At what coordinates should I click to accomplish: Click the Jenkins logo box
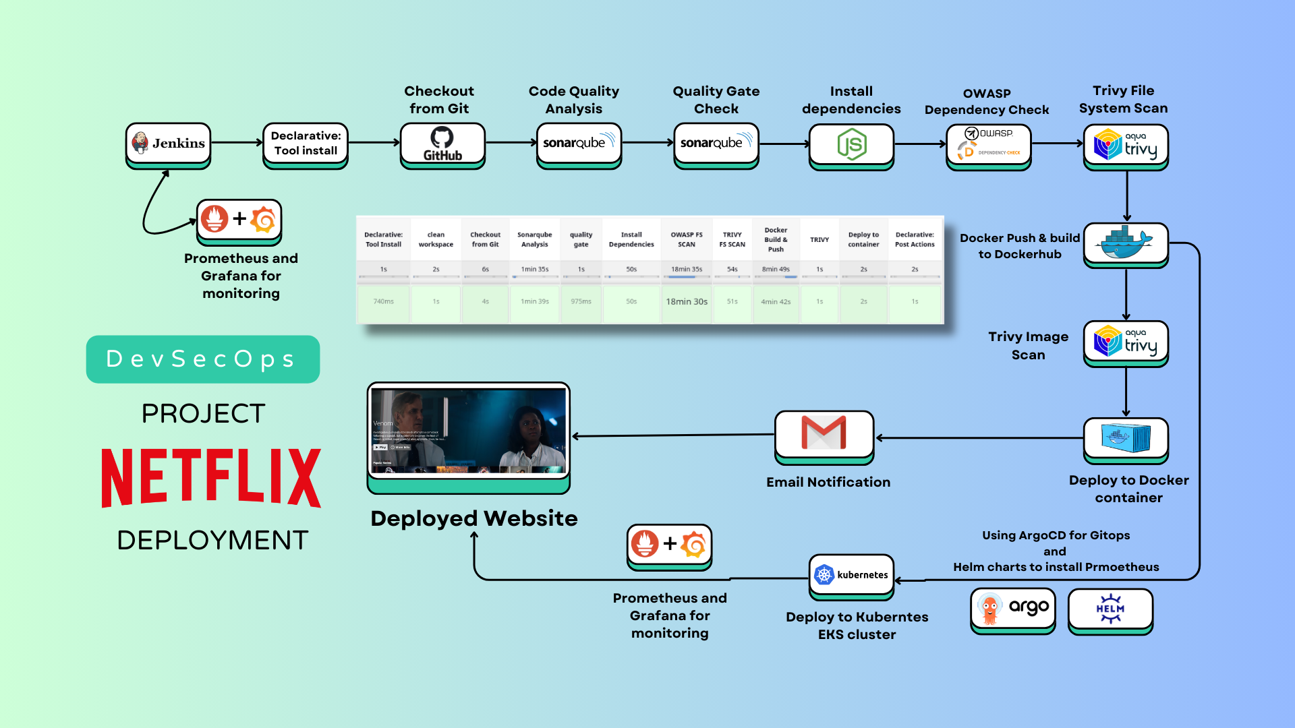pos(168,143)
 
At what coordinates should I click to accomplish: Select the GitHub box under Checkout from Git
pos(442,144)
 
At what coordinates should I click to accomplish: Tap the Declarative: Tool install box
pos(306,144)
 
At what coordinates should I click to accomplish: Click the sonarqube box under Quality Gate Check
pos(716,143)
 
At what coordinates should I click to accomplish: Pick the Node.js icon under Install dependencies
pos(851,145)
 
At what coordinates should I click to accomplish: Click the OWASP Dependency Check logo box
pos(988,145)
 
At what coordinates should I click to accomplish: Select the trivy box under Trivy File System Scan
pos(1126,145)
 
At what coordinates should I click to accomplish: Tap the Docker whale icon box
pos(1126,243)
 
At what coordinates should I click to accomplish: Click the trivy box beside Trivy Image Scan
pos(1126,342)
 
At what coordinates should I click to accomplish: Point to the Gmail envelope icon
pos(824,433)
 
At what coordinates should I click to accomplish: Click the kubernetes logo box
pos(851,575)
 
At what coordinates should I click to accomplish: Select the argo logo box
pos(1012,609)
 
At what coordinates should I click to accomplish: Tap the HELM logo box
pos(1110,609)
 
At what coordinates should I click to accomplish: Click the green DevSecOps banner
pos(202,359)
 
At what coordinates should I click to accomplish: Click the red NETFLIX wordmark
pos(210,477)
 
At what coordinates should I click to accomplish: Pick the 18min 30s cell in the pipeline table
pos(687,302)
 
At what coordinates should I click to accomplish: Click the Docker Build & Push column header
pos(776,239)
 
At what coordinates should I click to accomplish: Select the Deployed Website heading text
pos(473,518)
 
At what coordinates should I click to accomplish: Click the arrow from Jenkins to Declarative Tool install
pos(236,143)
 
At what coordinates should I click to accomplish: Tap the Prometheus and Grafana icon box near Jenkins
pos(239,220)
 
